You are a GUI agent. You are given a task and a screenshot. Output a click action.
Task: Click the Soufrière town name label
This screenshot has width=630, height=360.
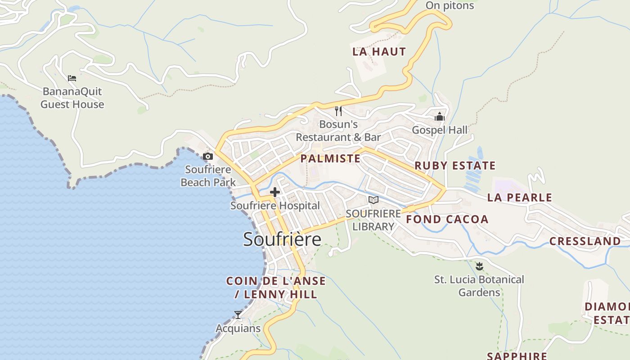[x=282, y=239]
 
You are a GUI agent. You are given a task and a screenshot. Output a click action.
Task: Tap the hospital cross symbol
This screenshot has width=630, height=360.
[x=274, y=193]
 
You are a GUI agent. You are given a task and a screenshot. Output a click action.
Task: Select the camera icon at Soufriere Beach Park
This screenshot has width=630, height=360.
[x=208, y=157]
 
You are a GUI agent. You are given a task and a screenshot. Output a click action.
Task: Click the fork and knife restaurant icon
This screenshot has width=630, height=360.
[x=338, y=111]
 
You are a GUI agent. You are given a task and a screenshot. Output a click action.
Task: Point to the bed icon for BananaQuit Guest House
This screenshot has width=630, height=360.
[x=72, y=78]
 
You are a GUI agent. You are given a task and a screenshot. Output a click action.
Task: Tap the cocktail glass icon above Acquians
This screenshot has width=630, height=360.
[x=238, y=315]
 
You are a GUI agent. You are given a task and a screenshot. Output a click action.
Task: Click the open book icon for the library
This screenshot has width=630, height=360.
[x=373, y=200]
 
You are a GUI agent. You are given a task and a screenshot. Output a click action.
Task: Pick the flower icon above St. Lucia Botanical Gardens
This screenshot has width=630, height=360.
[x=479, y=266]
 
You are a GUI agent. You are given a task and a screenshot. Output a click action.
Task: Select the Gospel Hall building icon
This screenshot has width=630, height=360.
[x=440, y=117]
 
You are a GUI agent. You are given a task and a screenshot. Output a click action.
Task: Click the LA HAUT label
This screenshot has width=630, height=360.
[x=379, y=52]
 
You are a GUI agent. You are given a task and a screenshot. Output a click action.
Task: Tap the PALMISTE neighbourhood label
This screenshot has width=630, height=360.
[x=330, y=158]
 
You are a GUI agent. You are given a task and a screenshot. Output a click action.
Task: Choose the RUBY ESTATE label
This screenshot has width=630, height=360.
[x=454, y=166]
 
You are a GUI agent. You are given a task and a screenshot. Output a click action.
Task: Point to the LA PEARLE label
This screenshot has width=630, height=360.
[x=519, y=198]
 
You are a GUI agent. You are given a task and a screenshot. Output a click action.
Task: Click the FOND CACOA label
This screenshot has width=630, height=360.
[x=447, y=220]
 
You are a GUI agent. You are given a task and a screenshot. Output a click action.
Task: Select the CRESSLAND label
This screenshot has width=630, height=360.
[x=585, y=241]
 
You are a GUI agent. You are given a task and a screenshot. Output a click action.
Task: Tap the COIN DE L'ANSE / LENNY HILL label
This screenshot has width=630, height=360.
[x=275, y=288]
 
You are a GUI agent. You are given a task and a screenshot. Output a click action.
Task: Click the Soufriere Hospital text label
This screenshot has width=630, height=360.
[x=275, y=206]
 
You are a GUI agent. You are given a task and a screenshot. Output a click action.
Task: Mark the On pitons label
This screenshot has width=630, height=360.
[x=450, y=6]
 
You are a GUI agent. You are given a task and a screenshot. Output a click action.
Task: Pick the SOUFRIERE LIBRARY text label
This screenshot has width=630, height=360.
[x=373, y=220]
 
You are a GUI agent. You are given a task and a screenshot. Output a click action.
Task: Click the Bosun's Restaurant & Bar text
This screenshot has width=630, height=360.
[x=338, y=130]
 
